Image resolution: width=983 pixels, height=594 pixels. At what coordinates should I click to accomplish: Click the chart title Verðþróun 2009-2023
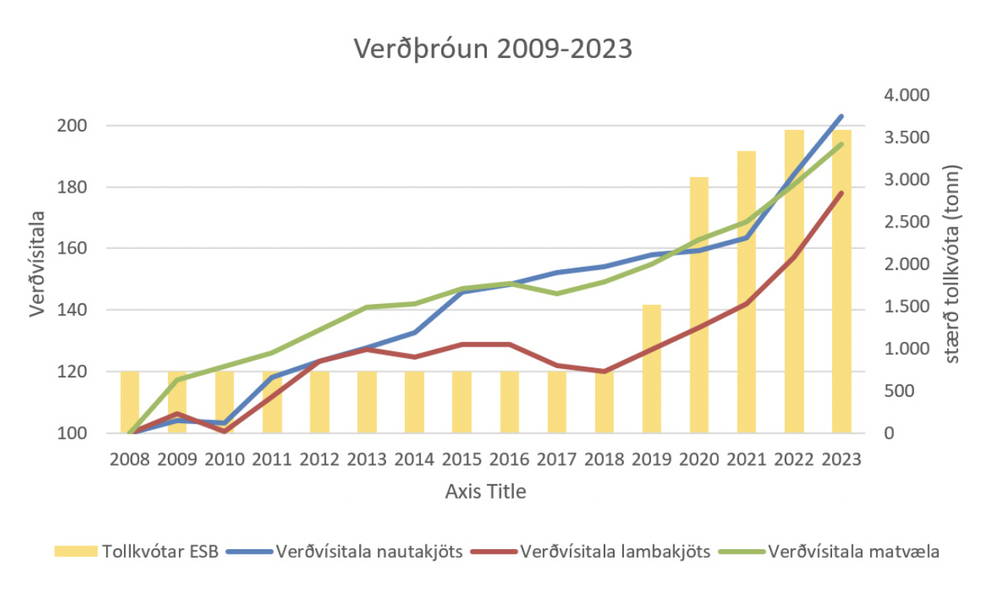click(x=493, y=49)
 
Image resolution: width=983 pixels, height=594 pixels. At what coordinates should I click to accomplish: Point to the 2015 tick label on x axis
click(x=461, y=459)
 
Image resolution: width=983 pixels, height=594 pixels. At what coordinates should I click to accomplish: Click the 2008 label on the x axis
click(x=130, y=459)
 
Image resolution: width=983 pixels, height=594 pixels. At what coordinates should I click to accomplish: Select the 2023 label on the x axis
click(x=841, y=459)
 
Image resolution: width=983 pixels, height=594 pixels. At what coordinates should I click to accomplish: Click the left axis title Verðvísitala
click(x=36, y=263)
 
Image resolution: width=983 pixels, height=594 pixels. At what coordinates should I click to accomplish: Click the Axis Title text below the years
click(x=485, y=491)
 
